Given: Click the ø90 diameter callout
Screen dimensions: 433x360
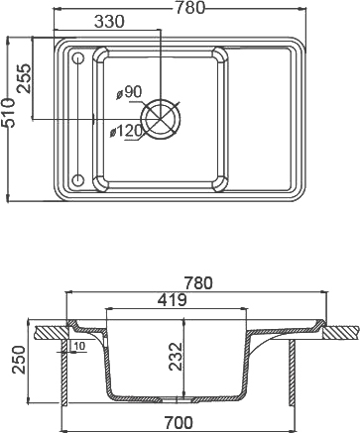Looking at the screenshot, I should (130, 92).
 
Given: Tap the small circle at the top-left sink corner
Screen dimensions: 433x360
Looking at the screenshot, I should (77, 58).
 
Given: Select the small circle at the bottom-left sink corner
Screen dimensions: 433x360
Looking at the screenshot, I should (77, 180).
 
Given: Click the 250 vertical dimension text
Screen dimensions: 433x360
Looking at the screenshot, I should (15, 360).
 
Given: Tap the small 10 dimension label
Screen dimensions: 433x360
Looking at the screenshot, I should (77, 346).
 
